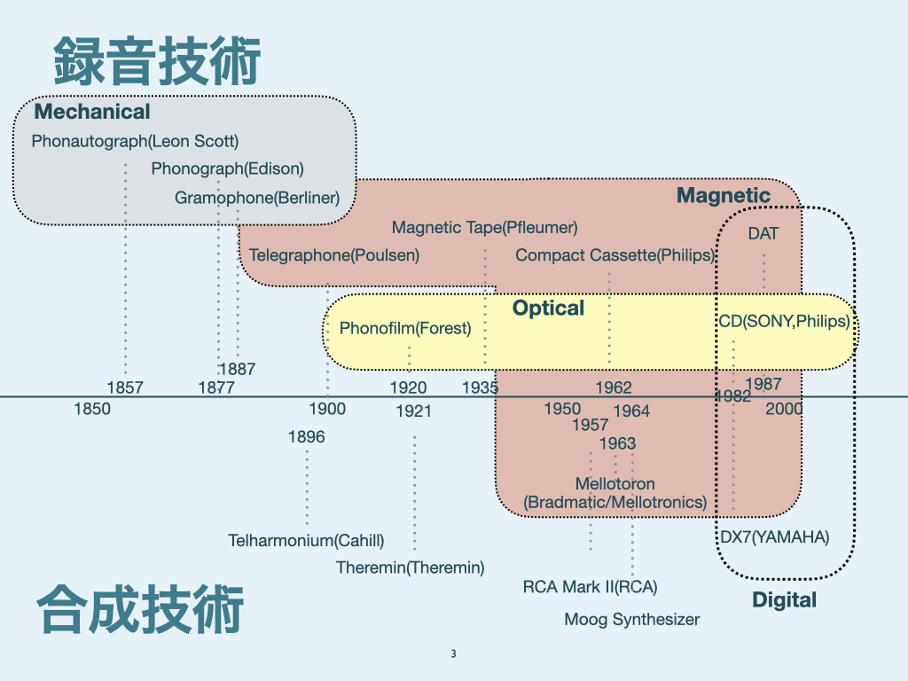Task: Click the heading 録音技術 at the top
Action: (x=157, y=61)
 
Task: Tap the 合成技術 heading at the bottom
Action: (x=140, y=609)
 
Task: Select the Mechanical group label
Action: (x=92, y=112)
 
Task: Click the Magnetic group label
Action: (x=724, y=195)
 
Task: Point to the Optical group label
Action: (x=548, y=308)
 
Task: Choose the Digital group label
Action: (x=784, y=600)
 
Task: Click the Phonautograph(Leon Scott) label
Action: (x=135, y=141)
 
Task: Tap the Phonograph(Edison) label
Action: (x=227, y=168)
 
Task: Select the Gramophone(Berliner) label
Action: (x=257, y=197)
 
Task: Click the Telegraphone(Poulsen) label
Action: (x=334, y=255)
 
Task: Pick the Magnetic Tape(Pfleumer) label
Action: (x=484, y=228)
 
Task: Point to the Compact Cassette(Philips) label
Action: (x=615, y=255)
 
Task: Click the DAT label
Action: (x=763, y=234)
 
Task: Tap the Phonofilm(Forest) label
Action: (x=405, y=329)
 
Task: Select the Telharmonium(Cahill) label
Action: (x=306, y=540)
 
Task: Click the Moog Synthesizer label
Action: (x=632, y=619)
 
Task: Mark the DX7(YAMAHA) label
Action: (x=774, y=536)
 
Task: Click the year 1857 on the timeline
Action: (x=125, y=387)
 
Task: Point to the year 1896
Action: (x=307, y=436)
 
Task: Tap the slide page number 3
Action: (x=453, y=654)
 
